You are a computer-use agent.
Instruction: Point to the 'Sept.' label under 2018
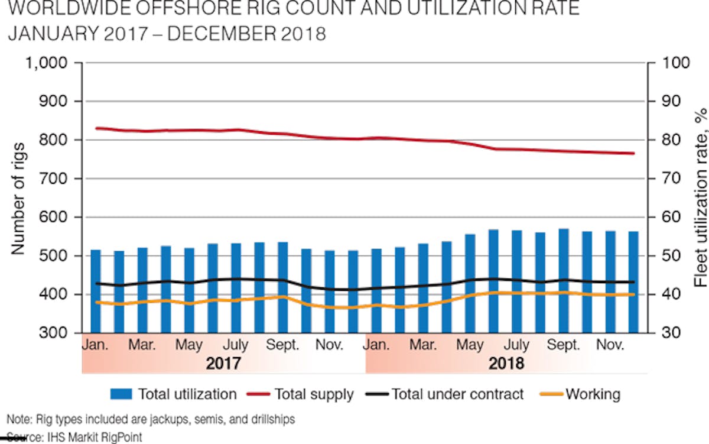(x=564, y=345)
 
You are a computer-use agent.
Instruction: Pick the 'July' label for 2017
(x=236, y=345)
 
